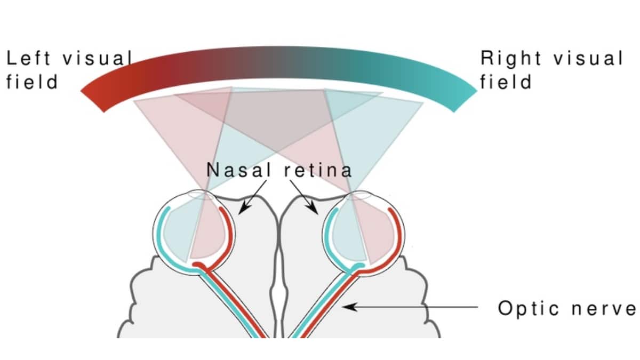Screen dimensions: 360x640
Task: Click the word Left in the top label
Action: tap(28, 59)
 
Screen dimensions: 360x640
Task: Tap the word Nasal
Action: tap(233, 170)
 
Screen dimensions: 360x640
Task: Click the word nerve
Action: tap(607, 308)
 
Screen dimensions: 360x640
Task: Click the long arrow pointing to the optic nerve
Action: tap(411, 307)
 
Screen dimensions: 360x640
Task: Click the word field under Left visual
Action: tap(31, 83)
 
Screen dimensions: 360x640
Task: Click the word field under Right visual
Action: tap(506, 83)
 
